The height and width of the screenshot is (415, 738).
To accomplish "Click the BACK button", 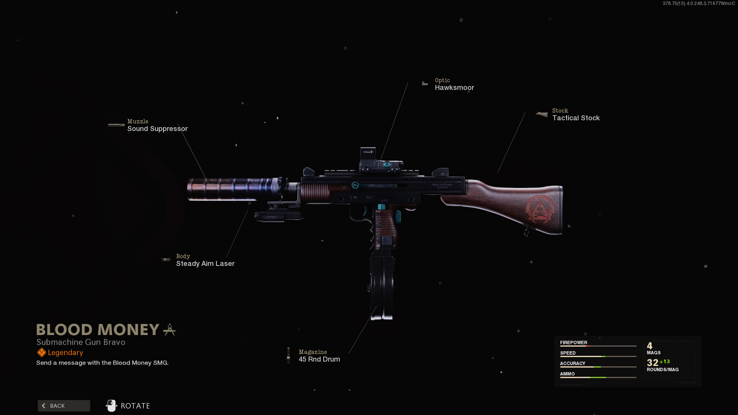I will pyautogui.click(x=64, y=406).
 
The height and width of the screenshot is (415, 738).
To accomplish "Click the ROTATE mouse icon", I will pyautogui.click(x=111, y=406).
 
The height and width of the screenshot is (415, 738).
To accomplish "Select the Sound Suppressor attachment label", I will pyautogui.click(x=157, y=129).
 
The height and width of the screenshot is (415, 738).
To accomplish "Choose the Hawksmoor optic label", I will pyautogui.click(x=454, y=88).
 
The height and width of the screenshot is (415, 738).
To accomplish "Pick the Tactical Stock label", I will pyautogui.click(x=576, y=118).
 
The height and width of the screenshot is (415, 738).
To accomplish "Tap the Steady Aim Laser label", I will pyautogui.click(x=205, y=264).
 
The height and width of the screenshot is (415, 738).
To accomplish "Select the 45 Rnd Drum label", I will pyautogui.click(x=319, y=359).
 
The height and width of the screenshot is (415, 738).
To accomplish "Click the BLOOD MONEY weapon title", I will pyautogui.click(x=98, y=330).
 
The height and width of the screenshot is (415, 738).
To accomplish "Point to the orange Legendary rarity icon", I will pyautogui.click(x=42, y=352).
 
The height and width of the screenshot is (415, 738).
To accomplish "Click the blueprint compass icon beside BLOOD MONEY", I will pyautogui.click(x=170, y=330).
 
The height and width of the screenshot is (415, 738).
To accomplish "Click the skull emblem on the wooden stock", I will pyautogui.click(x=540, y=209).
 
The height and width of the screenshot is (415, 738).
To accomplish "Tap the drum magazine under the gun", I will pyautogui.click(x=382, y=286).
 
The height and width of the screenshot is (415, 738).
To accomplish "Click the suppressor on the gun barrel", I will pyautogui.click(x=231, y=189).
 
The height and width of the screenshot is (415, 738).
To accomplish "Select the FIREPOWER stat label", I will pyautogui.click(x=573, y=342).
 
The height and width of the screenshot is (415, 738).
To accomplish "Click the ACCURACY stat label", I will pyautogui.click(x=572, y=363).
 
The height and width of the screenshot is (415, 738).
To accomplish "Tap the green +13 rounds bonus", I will pyautogui.click(x=665, y=362).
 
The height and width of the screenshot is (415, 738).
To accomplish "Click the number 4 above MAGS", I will pyautogui.click(x=650, y=346).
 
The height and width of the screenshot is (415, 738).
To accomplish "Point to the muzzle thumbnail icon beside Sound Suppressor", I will pyautogui.click(x=116, y=125).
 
